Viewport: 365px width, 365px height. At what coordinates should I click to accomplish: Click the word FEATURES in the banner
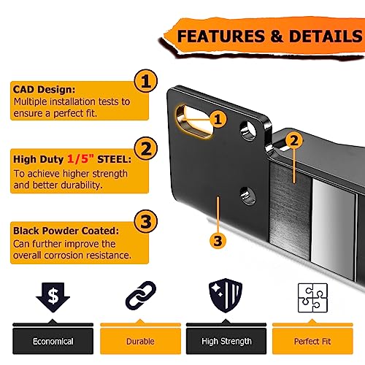pyautogui.click(x=221, y=36)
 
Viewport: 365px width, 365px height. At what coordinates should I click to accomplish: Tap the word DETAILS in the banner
pyautogui.click(x=326, y=36)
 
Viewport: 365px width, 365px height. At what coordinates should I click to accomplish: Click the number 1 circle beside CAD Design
pyautogui.click(x=146, y=81)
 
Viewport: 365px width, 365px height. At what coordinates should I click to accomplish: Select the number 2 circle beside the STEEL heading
pyautogui.click(x=146, y=148)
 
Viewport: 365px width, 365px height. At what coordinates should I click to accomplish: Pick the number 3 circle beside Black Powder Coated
pyautogui.click(x=146, y=221)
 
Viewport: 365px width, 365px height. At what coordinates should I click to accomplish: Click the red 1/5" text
pyautogui.click(x=80, y=159)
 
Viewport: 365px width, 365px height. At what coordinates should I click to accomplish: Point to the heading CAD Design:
pyautogui.click(x=44, y=89)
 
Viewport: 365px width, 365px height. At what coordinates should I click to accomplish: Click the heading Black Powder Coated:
pyautogui.click(x=66, y=231)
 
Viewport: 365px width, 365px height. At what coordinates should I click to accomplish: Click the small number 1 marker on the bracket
pyautogui.click(x=218, y=119)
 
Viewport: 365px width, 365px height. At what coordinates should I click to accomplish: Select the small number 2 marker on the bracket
pyautogui.click(x=294, y=140)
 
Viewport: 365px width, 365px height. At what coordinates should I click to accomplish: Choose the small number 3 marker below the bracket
pyautogui.click(x=218, y=241)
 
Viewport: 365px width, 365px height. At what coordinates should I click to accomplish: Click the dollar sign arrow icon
pyautogui.click(x=53, y=297)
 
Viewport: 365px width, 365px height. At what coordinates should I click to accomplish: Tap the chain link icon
pyautogui.click(x=141, y=296)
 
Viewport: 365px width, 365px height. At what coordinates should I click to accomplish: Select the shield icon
pyautogui.click(x=226, y=296)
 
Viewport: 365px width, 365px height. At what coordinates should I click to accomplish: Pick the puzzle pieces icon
pyautogui.click(x=312, y=298)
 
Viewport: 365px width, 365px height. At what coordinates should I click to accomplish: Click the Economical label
pyautogui.click(x=53, y=341)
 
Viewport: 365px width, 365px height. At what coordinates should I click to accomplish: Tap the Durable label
pyautogui.click(x=140, y=341)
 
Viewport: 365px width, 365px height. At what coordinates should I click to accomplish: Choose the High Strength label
pyautogui.click(x=226, y=341)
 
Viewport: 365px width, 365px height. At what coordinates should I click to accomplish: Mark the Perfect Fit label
pyautogui.click(x=312, y=341)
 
